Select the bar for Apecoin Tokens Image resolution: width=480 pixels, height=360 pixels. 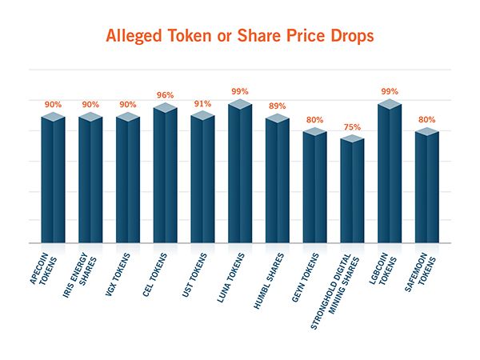53,180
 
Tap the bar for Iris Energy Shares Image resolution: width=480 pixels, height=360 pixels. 90,180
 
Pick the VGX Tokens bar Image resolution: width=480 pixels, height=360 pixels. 128,180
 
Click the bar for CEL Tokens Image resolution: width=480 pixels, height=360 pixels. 165,176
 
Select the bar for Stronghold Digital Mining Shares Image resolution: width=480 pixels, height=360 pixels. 352,192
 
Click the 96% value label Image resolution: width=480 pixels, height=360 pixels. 165,94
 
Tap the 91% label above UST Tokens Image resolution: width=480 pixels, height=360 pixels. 202,103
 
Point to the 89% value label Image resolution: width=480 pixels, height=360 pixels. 278,106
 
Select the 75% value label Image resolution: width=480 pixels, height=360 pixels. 352,127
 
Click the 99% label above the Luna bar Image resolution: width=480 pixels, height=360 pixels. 240,91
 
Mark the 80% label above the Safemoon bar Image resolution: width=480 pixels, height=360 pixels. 427,120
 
